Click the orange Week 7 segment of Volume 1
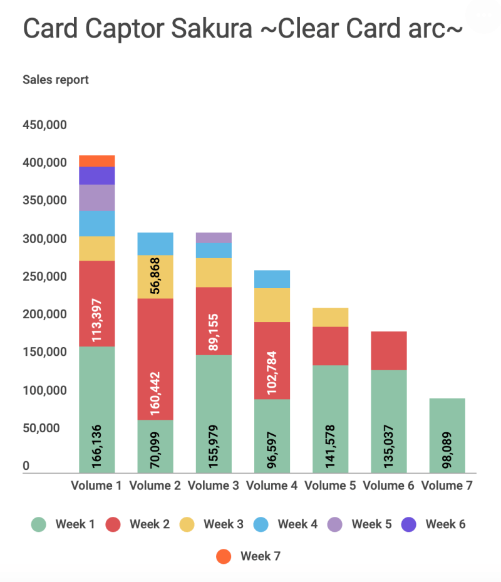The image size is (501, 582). [97, 160]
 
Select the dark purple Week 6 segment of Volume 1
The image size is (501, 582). [97, 175]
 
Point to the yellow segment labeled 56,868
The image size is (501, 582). [155, 276]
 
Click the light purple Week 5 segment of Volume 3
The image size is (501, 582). [214, 237]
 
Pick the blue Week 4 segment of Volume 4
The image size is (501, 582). [272, 279]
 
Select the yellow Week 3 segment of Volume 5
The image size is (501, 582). [330, 317]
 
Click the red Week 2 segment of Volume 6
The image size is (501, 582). [388, 350]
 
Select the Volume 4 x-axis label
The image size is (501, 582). [272, 486]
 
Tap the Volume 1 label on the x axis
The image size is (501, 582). [96, 486]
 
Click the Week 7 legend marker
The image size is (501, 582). [224, 556]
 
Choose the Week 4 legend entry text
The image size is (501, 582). [297, 524]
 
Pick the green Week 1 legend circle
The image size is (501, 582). [39, 524]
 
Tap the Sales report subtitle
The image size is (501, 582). [56, 80]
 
